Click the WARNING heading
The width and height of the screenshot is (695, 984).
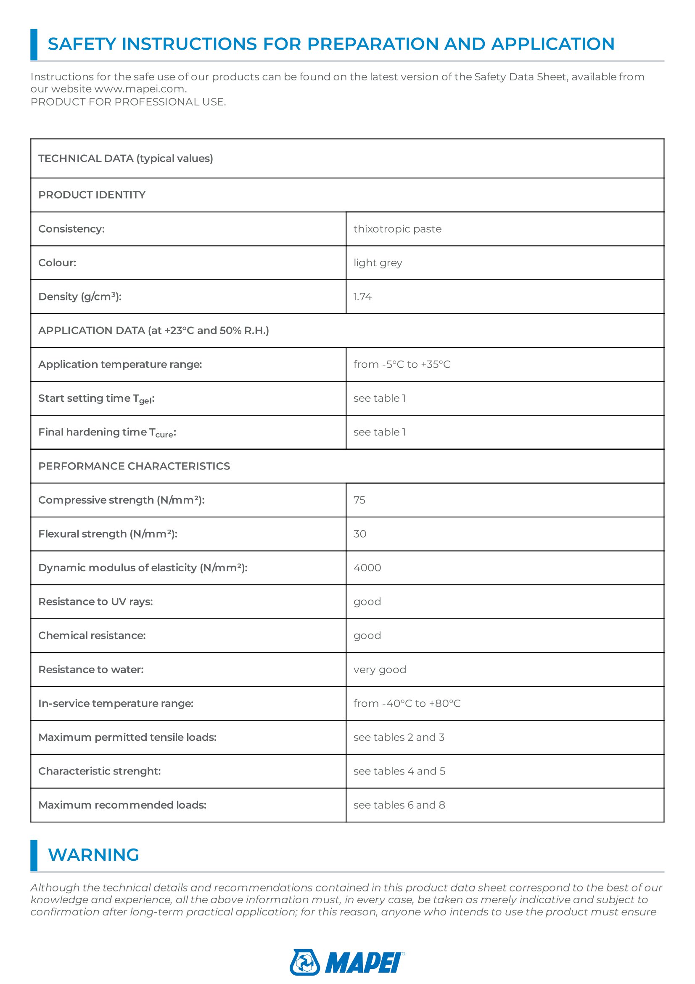click(93, 854)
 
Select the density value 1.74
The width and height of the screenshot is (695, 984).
click(362, 297)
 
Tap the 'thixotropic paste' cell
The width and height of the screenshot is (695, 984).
click(397, 229)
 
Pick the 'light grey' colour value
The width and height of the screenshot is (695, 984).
click(378, 263)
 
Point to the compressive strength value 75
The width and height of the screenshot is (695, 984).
click(359, 500)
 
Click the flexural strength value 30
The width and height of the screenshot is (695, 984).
click(360, 533)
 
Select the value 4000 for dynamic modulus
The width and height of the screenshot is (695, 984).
click(367, 568)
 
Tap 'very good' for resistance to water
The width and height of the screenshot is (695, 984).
click(379, 669)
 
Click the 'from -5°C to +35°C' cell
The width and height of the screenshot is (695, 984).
click(402, 364)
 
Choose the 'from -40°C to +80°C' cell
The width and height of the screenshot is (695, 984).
click(407, 703)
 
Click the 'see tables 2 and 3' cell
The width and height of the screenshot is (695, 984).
click(399, 737)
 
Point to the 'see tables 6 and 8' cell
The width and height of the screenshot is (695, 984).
click(399, 805)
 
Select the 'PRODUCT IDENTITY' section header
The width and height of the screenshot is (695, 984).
click(92, 195)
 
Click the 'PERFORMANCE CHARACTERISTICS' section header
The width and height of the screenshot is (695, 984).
click(134, 466)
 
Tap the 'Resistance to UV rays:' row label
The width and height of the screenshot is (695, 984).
click(95, 601)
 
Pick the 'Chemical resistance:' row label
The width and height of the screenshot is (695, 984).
click(92, 635)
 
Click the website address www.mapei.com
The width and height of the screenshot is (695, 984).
click(140, 89)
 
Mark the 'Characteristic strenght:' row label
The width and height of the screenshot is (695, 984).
click(99, 771)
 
